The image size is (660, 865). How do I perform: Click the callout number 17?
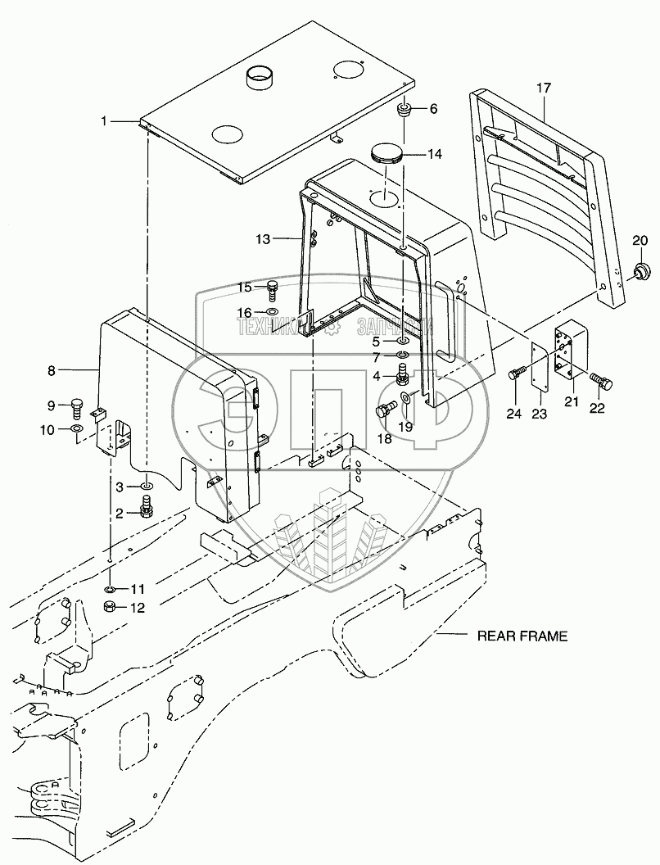tap(545, 88)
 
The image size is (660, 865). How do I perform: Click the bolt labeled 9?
tap(77, 405)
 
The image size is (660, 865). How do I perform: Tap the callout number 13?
tap(262, 239)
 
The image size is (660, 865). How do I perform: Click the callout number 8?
tap(51, 370)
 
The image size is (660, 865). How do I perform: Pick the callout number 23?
tap(539, 414)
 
